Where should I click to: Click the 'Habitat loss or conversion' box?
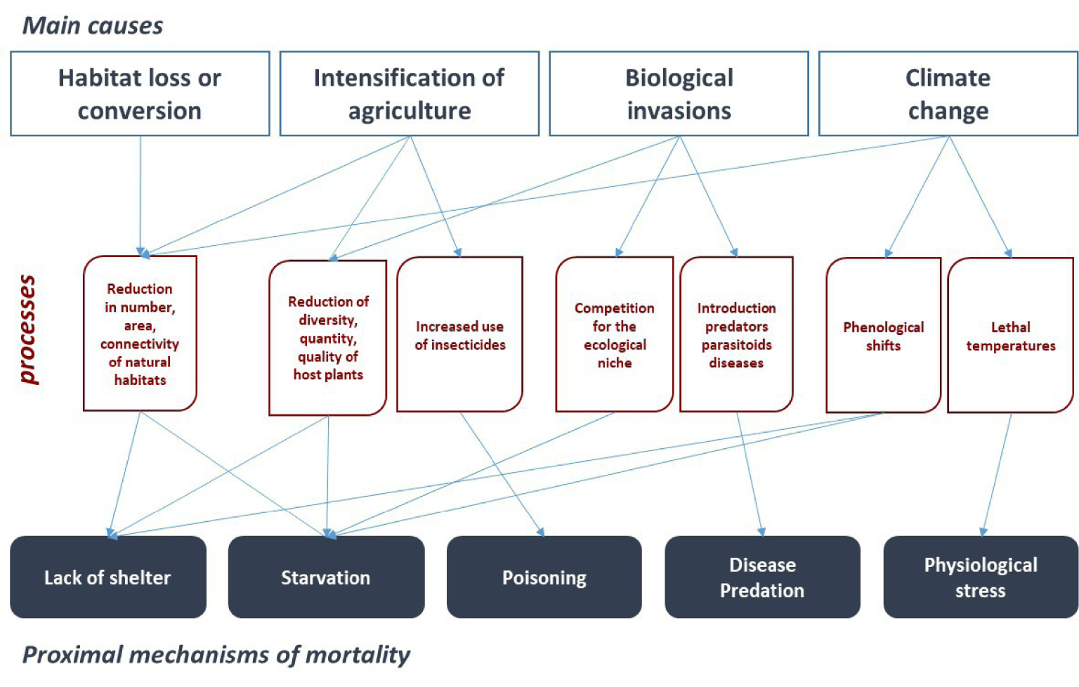[140, 93]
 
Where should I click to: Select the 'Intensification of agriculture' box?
[410, 93]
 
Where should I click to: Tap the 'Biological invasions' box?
[679, 93]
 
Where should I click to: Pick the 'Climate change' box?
[948, 93]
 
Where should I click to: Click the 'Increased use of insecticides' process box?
[460, 334]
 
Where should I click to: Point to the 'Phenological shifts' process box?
[884, 335]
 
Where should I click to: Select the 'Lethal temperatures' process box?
[1011, 335]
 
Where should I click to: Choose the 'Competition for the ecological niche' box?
[615, 334]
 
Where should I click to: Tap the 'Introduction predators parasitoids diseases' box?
[736, 334]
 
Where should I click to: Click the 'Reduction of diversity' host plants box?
[328, 338]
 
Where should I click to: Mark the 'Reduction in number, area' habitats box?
[140, 334]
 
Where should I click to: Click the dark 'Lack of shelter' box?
[108, 577]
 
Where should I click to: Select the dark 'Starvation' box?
[326, 577]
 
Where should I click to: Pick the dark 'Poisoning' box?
[544, 577]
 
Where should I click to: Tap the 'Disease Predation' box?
[762, 577]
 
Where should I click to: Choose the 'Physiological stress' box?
[981, 577]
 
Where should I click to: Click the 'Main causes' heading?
[93, 25]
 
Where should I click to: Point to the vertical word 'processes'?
[27, 330]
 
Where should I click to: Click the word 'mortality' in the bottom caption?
[358, 655]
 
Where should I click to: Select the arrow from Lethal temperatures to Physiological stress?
[997, 475]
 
